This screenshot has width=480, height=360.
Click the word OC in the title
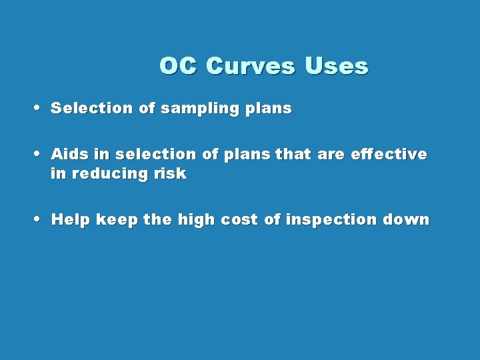point(178,67)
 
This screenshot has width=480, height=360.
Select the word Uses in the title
point(336,67)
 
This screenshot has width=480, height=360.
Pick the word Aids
point(70,155)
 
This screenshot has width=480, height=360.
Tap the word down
point(407,220)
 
